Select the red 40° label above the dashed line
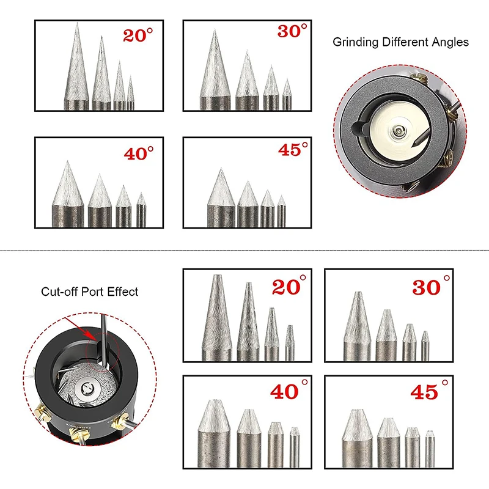tap(139, 153)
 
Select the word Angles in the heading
tap(452, 42)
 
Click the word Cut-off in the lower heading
tap(58, 292)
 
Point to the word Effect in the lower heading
tap(122, 292)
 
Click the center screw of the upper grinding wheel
tap(399, 129)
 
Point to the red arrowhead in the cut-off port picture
tap(92, 336)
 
